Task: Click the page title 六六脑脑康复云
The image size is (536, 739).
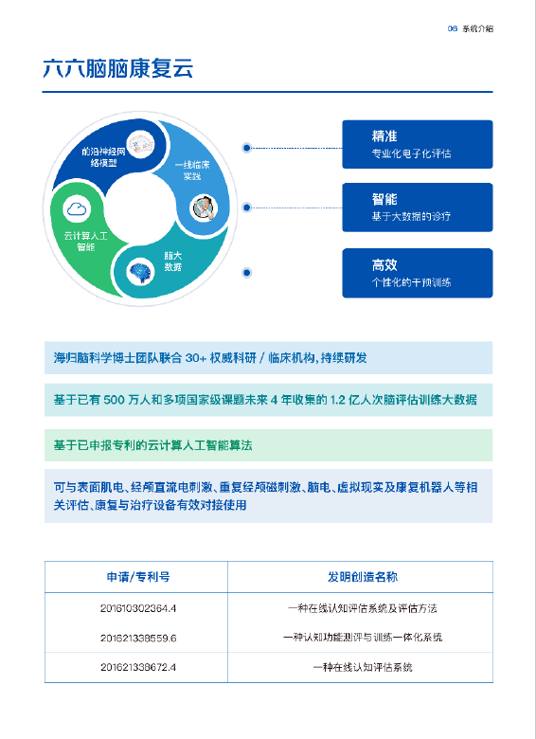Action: click(117, 68)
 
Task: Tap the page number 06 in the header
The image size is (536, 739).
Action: click(452, 28)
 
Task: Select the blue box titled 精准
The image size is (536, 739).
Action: click(418, 144)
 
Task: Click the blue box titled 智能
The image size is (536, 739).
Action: click(418, 207)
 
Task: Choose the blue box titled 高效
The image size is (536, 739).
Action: click(418, 274)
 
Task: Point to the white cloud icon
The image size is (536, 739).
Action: click(77, 208)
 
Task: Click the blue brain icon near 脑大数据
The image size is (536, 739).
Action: click(140, 272)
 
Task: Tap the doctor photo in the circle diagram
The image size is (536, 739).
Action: click(204, 207)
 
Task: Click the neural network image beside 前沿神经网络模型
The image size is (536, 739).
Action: click(141, 144)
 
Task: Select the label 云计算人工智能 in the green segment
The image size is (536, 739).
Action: click(86, 241)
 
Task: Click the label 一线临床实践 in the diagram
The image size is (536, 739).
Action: click(192, 171)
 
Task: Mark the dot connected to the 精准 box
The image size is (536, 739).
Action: click(246, 148)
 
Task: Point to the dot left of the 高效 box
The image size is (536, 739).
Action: click(246, 273)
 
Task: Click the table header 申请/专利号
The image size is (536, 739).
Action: click(138, 577)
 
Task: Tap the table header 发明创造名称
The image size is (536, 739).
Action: click(363, 577)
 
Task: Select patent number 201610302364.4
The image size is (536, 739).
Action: click(138, 608)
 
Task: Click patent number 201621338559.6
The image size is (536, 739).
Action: click(138, 639)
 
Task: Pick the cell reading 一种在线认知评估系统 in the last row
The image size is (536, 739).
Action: click(363, 667)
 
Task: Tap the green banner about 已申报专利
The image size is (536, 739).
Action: click(268, 445)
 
